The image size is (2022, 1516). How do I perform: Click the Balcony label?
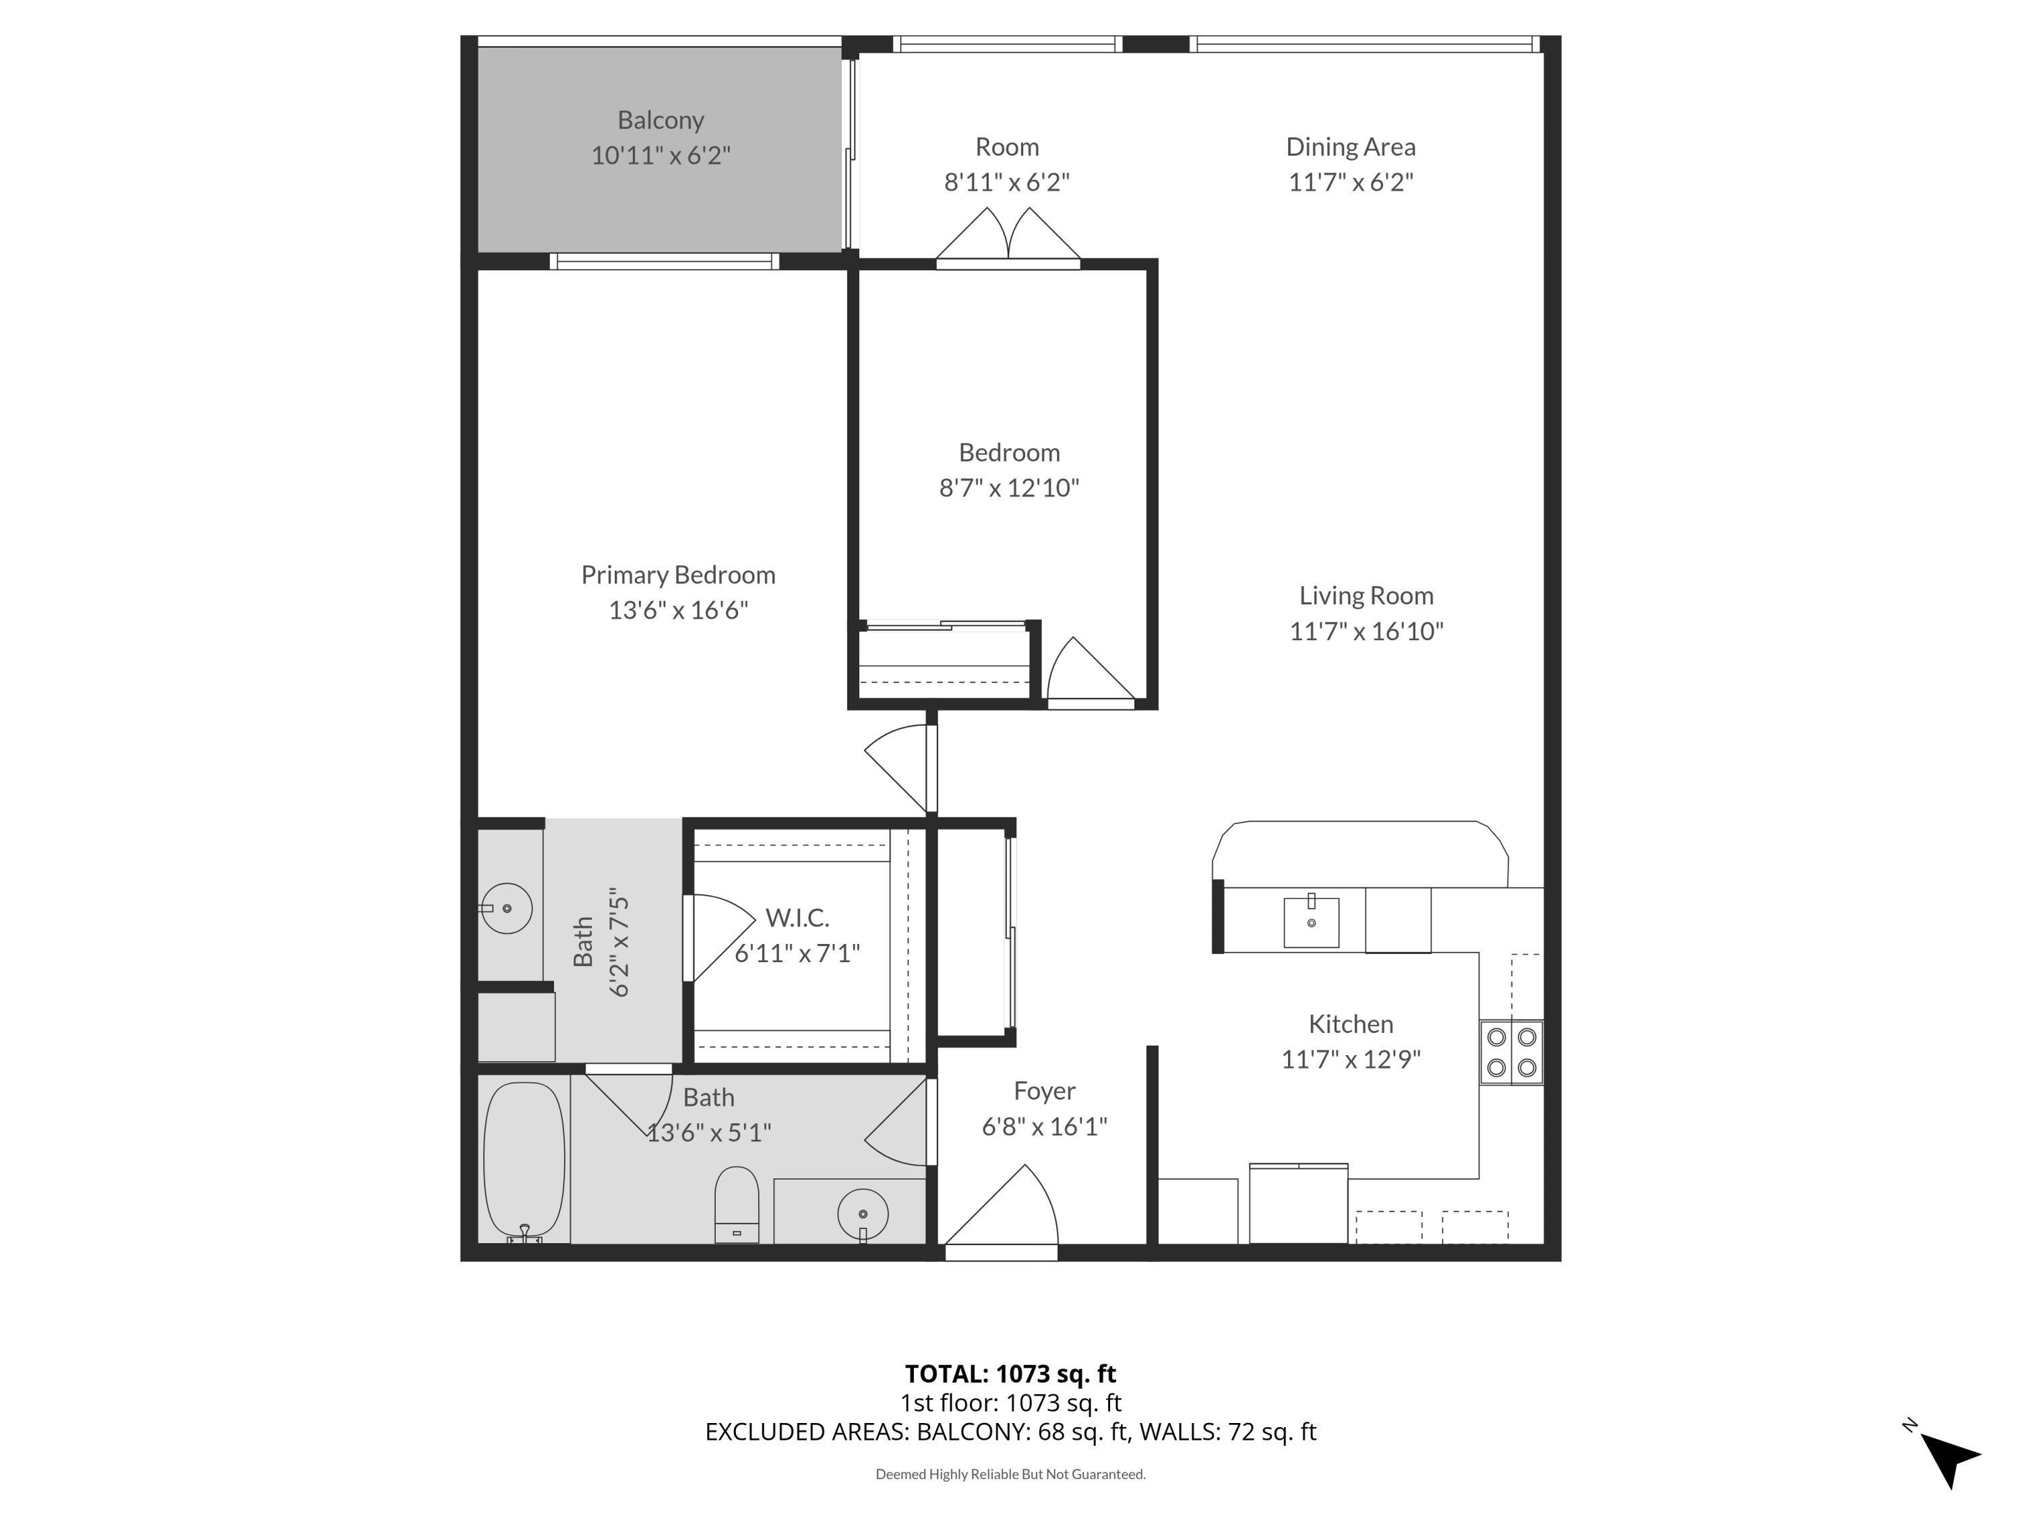click(660, 121)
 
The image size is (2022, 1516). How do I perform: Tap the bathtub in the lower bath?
click(524, 1160)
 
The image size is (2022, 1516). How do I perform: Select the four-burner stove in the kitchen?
click(1511, 1052)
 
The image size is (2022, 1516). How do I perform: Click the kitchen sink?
click(1311, 922)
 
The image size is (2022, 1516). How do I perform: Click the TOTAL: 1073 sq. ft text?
click(1010, 1373)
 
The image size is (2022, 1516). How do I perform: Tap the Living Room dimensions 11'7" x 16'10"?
click(1366, 631)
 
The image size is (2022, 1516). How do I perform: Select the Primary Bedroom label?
click(677, 575)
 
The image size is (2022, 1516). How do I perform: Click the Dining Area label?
click(1350, 147)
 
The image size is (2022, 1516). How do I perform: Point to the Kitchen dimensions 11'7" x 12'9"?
click(1350, 1059)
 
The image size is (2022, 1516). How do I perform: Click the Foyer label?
click(1044, 1091)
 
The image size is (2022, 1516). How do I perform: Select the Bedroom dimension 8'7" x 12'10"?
click(1008, 488)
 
